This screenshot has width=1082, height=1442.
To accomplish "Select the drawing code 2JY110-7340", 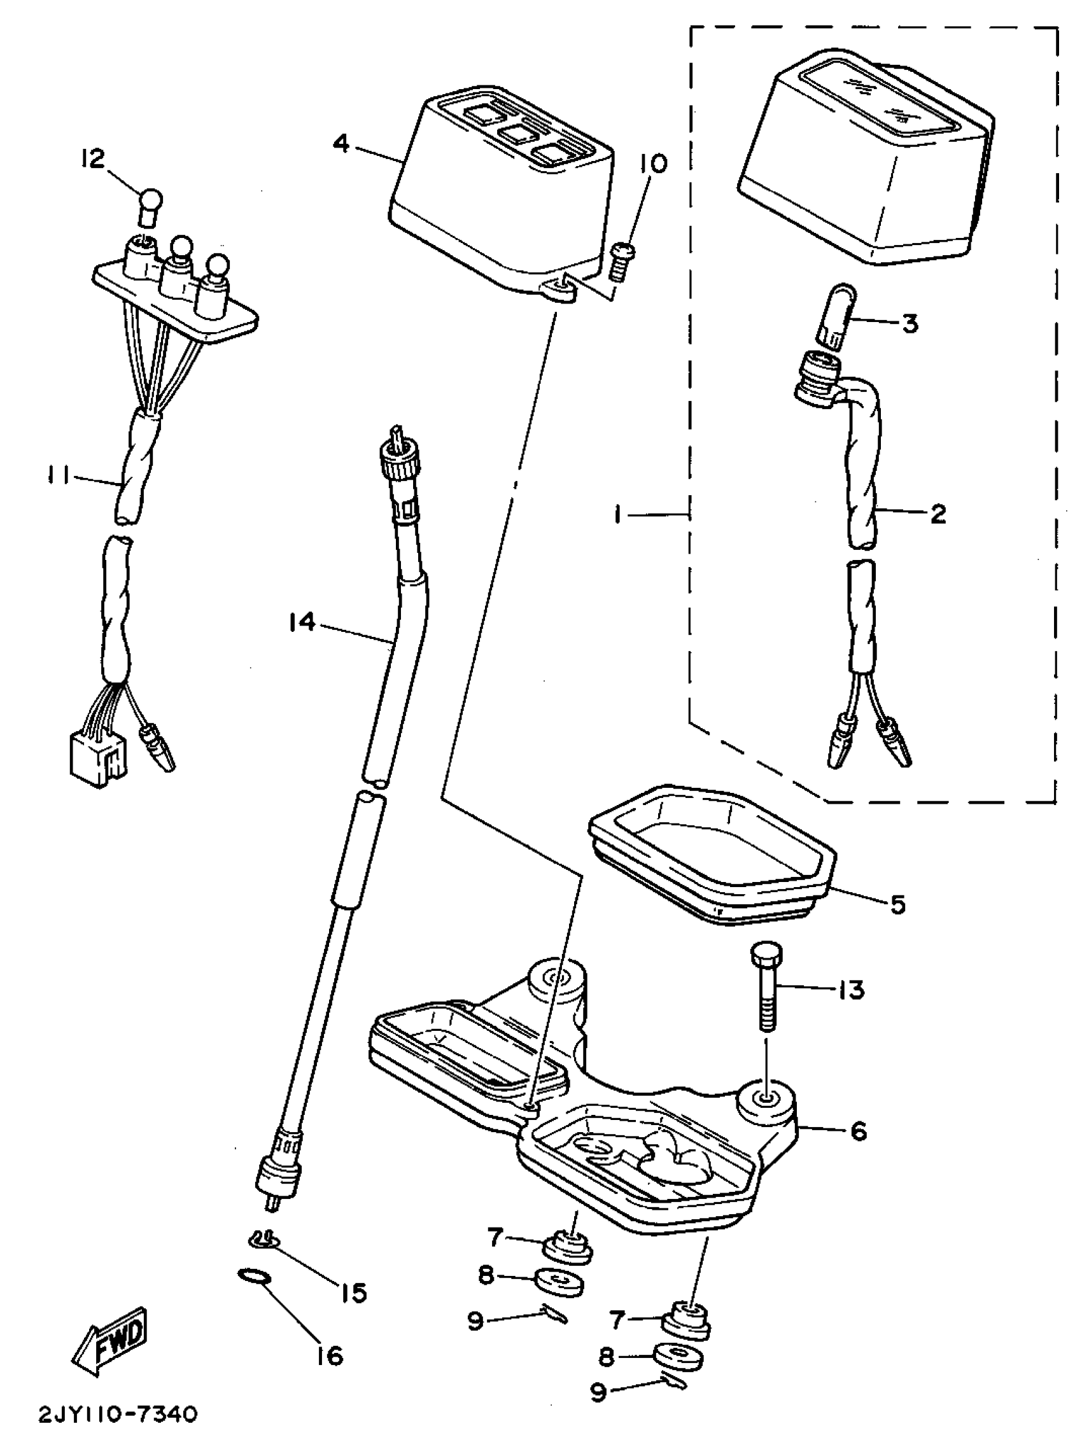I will (116, 1415).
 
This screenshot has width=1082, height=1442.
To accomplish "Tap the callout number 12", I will (94, 158).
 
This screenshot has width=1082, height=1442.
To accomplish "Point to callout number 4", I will (341, 143).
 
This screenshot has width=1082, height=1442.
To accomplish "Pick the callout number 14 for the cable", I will (302, 622).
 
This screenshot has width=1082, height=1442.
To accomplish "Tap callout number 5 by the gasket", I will (898, 904).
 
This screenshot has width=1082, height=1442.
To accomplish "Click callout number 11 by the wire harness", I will (60, 478).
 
